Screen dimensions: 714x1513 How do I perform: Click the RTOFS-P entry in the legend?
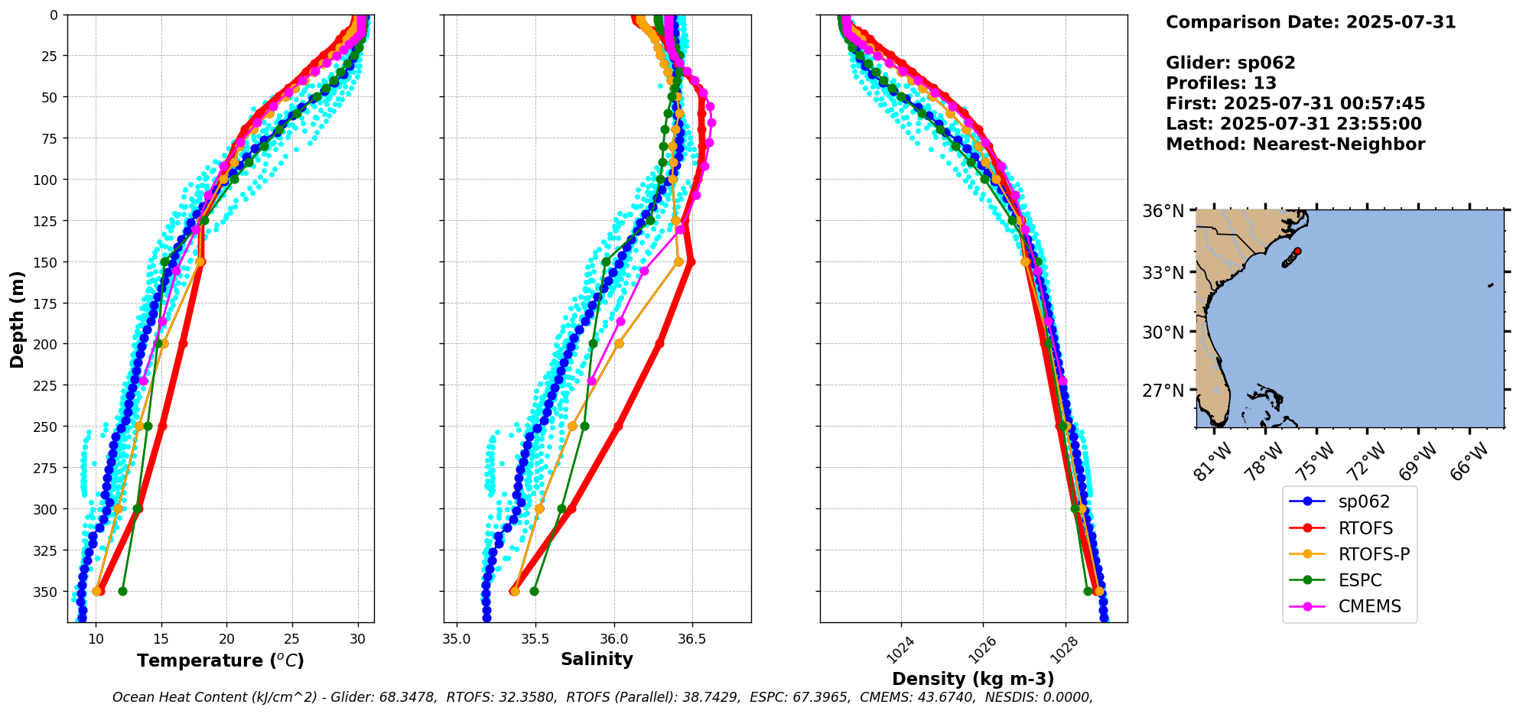1374,554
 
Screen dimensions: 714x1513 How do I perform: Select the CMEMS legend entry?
1369,606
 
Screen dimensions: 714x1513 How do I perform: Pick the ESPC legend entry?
1360,580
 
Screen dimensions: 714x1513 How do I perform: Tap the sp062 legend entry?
1364,501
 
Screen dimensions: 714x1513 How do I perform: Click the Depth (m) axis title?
17,319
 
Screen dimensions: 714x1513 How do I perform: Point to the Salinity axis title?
597,660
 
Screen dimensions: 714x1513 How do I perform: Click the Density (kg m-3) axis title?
973,679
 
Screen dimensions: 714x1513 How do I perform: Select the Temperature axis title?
220,660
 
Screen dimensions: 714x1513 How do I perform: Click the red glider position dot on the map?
1297,251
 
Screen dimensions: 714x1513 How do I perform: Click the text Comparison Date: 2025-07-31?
1310,22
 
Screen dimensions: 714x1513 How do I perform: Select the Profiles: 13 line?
1221,83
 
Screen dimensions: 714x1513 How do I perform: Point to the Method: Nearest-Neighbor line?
1295,144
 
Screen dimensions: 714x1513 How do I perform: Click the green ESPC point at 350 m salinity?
534,591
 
